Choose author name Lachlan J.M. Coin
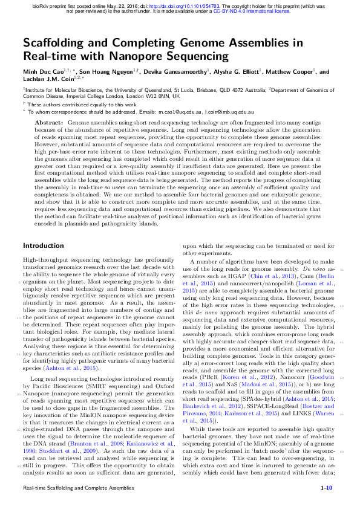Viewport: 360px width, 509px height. click(47, 80)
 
